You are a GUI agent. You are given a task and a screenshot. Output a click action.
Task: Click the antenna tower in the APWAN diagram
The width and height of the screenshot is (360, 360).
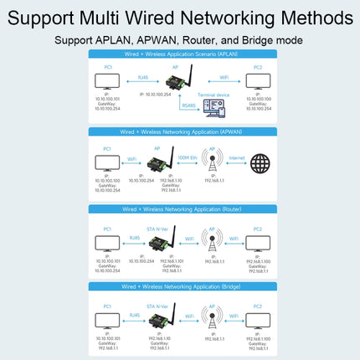(x=213, y=162)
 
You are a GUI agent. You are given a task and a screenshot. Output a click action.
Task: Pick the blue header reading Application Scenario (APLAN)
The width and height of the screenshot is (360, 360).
(x=181, y=53)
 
